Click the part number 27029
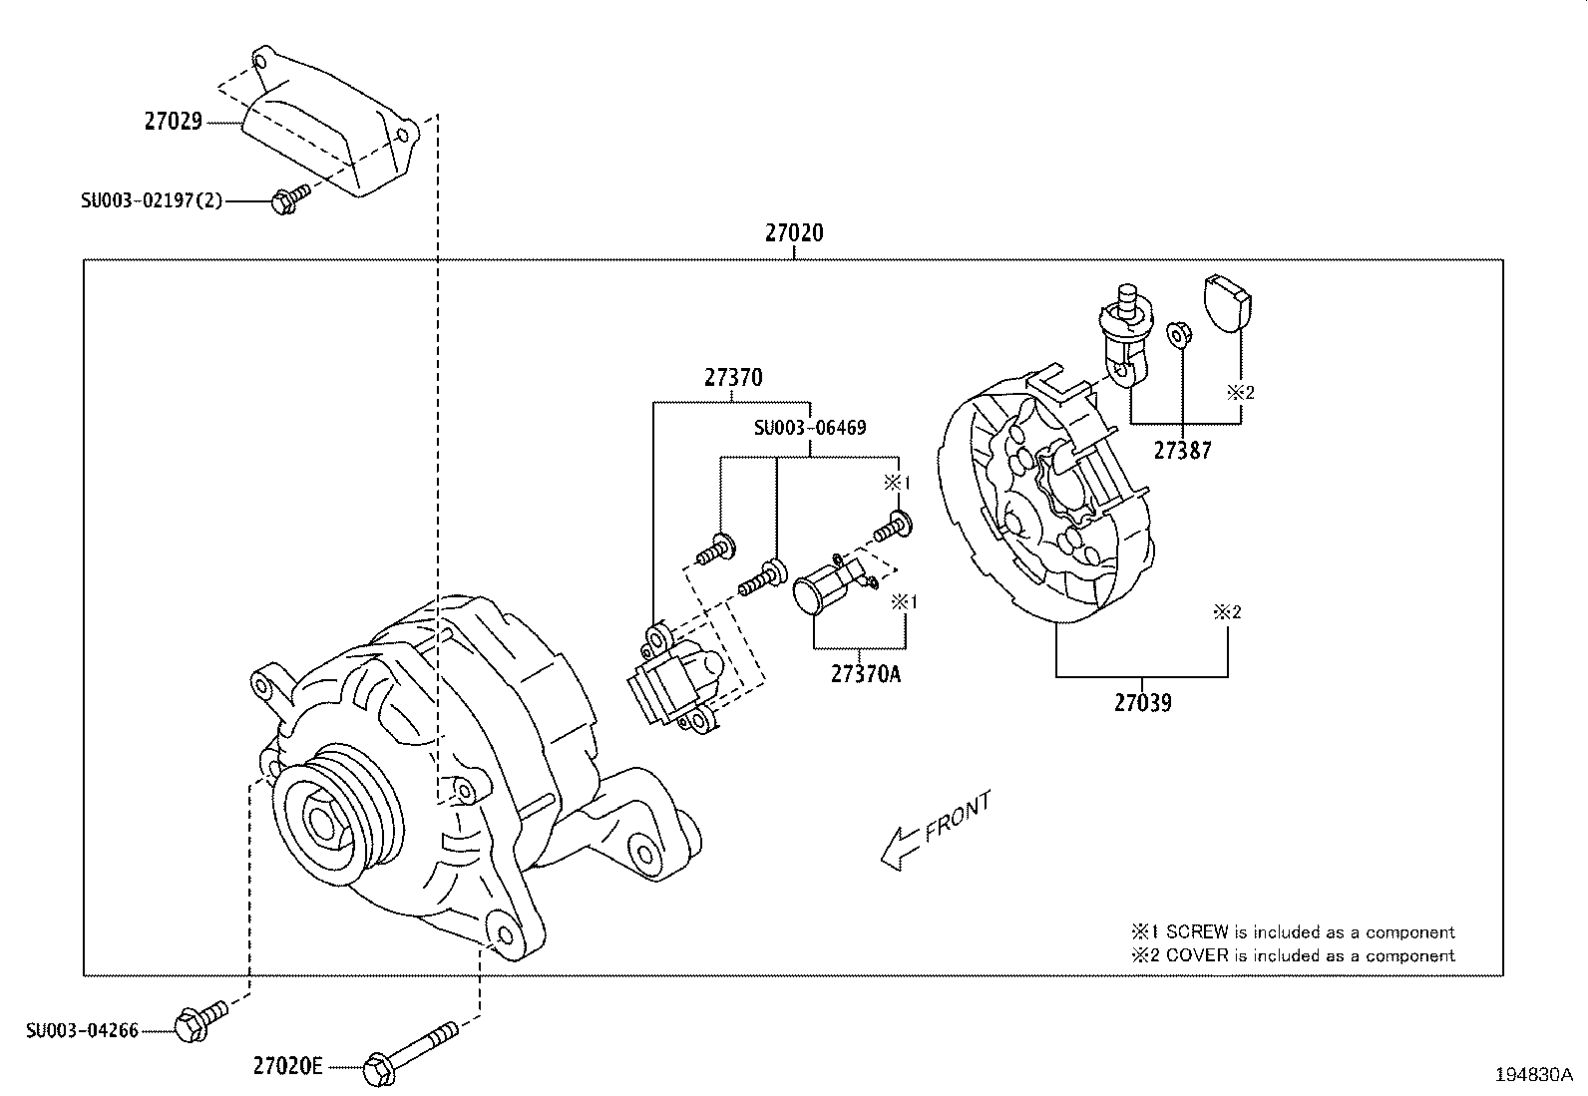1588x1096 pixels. point(174,122)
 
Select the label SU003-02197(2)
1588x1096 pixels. point(152,200)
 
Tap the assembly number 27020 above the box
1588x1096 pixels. point(794,233)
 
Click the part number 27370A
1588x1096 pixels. point(865,674)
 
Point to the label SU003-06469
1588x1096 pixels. point(809,428)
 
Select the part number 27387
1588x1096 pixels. point(1182,451)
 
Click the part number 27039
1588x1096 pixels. point(1142,703)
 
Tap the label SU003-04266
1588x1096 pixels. point(82,1030)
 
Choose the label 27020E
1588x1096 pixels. point(287,1066)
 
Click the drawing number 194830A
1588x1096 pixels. point(1533,1075)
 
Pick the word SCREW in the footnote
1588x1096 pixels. point(1197,932)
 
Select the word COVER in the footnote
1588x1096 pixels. point(1198,955)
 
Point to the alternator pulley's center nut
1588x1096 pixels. point(321,823)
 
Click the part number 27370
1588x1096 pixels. point(733,378)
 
